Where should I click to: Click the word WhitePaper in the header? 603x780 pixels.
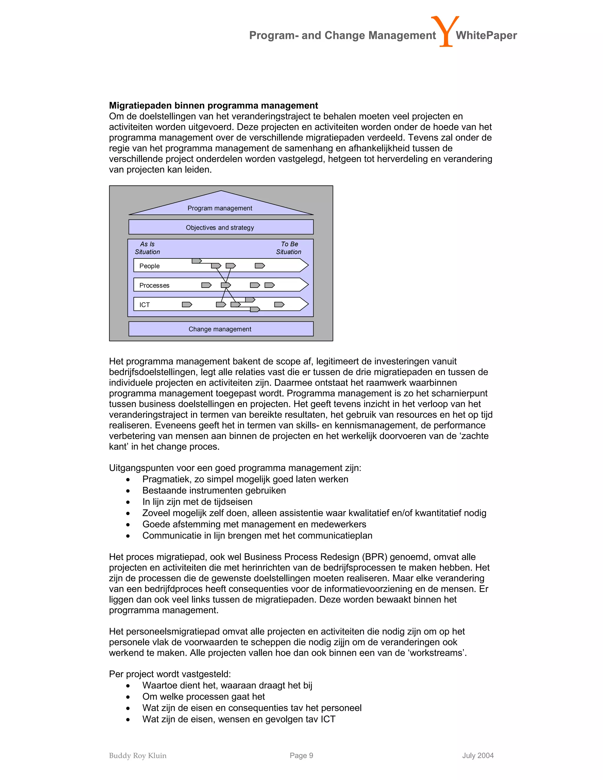tap(486, 35)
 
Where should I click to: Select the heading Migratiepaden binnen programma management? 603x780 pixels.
tap(213, 105)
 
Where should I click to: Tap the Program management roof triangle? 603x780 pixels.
tap(221, 206)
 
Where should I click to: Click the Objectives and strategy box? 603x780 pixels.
tap(221, 227)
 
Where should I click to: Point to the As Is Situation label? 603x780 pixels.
tap(147, 248)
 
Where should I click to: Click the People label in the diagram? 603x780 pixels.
tap(149, 266)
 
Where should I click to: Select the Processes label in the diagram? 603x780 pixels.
tap(154, 285)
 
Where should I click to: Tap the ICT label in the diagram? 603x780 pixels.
tap(144, 305)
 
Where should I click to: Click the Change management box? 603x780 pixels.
tap(221, 329)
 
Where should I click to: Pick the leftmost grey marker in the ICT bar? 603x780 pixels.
tap(187, 304)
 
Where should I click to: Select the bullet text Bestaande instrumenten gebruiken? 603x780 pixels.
tap(214, 490)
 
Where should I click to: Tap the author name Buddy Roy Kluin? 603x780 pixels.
tap(138, 755)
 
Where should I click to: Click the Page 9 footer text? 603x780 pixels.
tap(301, 755)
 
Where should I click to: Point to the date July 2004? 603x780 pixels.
tap(478, 755)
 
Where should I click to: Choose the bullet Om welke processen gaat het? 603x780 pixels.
tap(204, 696)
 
